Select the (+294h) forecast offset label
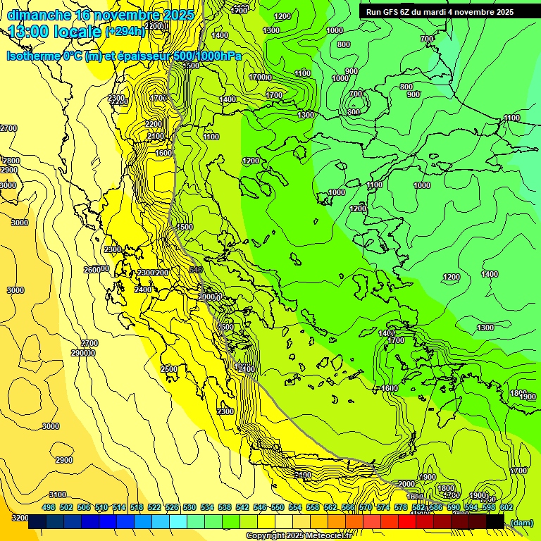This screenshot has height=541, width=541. coord(125,32)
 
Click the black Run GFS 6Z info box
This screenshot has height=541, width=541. coord(440,11)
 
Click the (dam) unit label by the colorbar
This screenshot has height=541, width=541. coord(521,522)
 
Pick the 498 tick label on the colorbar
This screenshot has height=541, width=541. coord(49,507)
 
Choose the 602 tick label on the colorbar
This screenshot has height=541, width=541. coord(506,507)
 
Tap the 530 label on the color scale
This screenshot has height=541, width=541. coord(189,507)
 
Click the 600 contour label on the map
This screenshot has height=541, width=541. coord(354,112)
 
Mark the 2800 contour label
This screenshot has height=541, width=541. coord(11,161)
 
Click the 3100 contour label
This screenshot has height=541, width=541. coord(58,495)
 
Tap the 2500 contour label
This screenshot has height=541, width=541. coord(169,369)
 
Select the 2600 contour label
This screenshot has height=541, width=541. coord(92,269)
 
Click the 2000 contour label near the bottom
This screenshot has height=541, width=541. coord(406,484)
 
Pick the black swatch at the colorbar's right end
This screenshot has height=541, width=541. coord(495,522)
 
